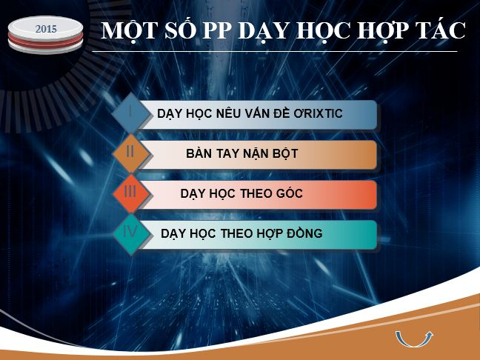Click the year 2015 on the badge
tap(46, 29)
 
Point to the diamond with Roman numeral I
tap(131, 113)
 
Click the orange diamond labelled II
tap(131, 153)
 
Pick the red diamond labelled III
tap(131, 193)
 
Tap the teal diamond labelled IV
tap(131, 233)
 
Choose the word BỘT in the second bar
tap(284, 153)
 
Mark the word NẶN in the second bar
tap(255, 153)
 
